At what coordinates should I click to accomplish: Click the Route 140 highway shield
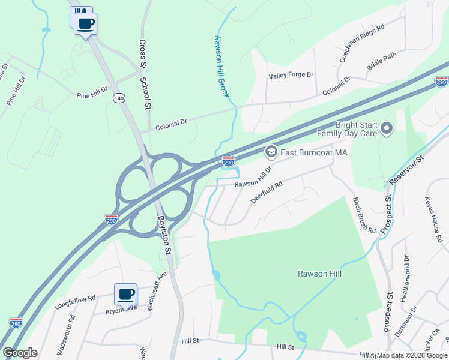tap(119, 97)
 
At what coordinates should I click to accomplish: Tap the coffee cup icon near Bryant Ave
tap(126, 295)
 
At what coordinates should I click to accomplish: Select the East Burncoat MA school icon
tap(271, 152)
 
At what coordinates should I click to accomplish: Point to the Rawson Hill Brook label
tap(222, 67)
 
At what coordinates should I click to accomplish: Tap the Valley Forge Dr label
tap(291, 75)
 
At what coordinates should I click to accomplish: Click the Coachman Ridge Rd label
tap(361, 41)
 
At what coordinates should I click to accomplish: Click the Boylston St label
tap(165, 234)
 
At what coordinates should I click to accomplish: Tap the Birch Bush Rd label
tap(364, 215)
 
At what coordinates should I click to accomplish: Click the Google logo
tap(20, 353)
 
